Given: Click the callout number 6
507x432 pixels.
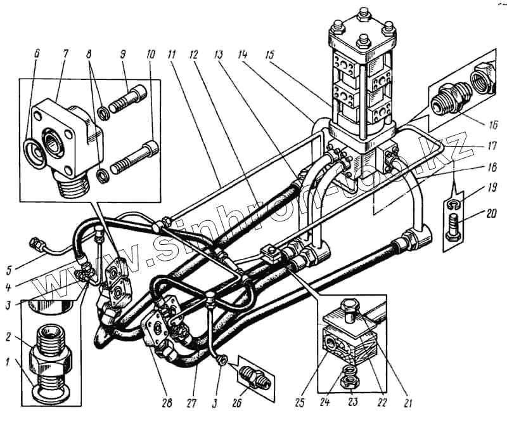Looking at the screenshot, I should coord(35,55).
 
